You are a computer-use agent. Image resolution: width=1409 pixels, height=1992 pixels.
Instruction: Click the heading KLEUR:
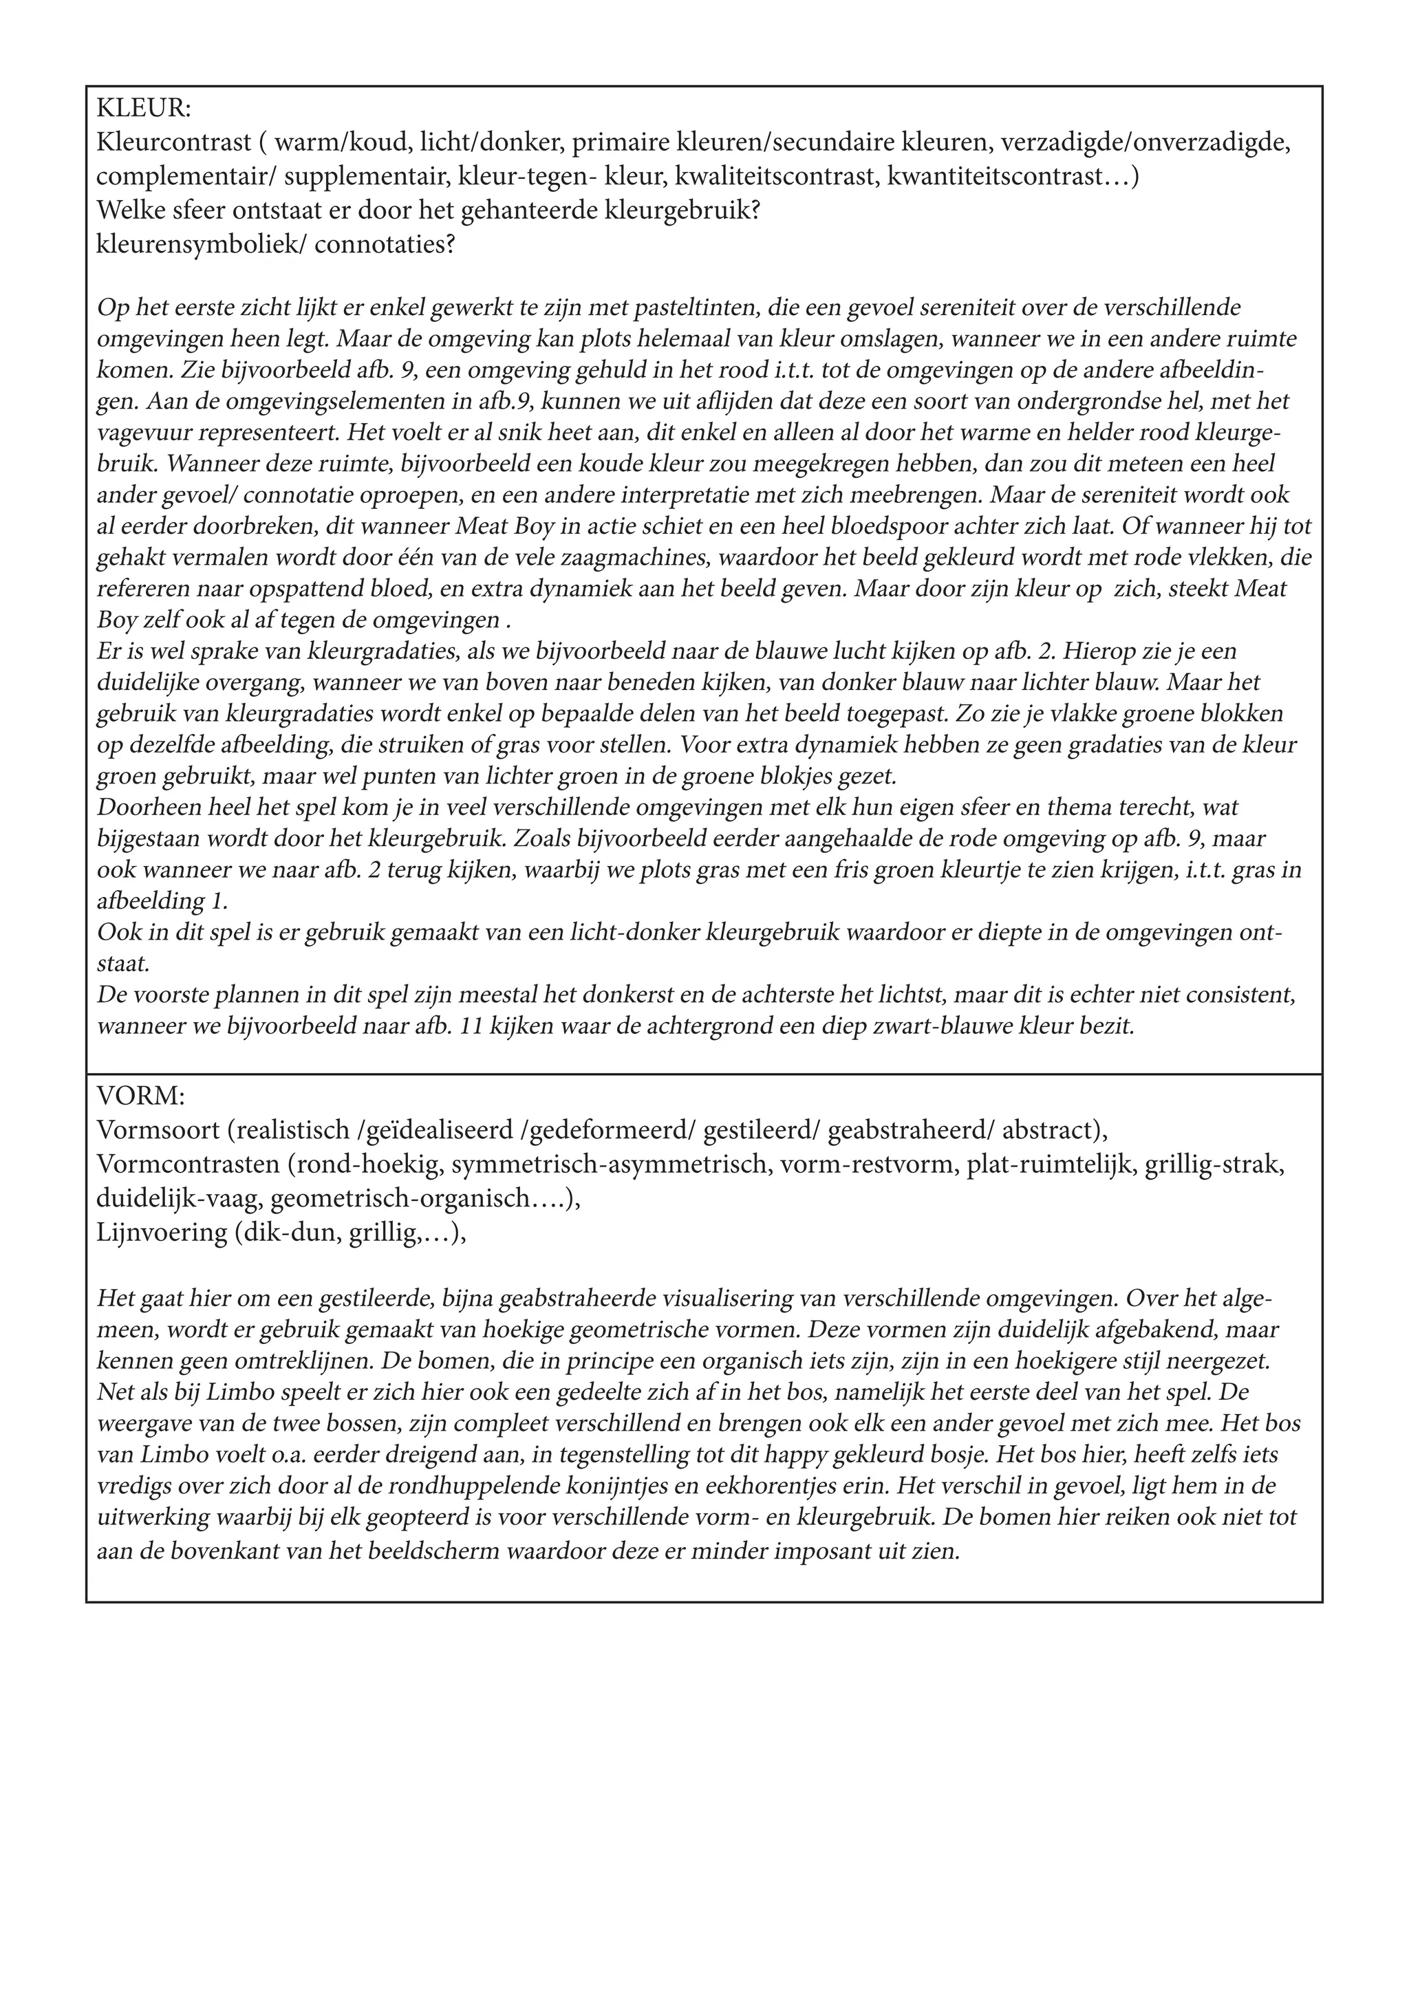144,109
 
